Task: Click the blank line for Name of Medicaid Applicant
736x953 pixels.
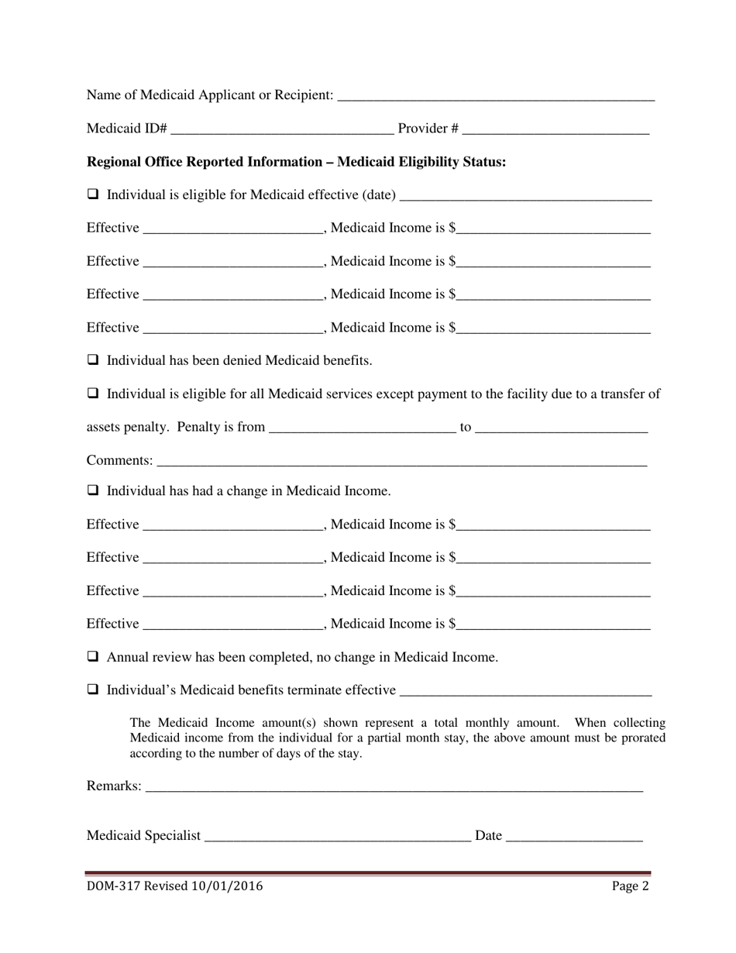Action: (x=496, y=97)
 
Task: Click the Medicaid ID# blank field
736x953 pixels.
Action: (x=281, y=130)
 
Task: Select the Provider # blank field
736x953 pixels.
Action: (x=555, y=130)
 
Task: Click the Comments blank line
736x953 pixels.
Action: (x=401, y=463)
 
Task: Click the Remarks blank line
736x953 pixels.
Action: (x=394, y=788)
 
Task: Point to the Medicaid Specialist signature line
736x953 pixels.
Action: (x=338, y=838)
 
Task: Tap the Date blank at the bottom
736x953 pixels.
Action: (x=574, y=838)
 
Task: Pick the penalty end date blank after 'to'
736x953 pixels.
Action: (x=561, y=429)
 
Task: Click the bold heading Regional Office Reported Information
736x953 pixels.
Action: (x=296, y=162)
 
